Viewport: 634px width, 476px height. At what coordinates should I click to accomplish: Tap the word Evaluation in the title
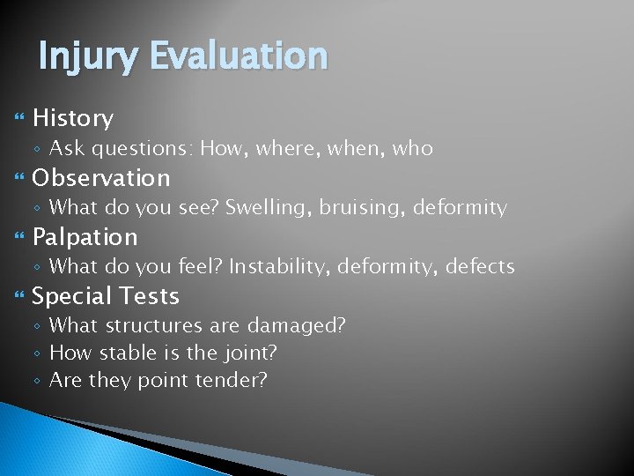coord(239,56)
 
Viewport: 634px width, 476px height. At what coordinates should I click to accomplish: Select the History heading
coord(73,118)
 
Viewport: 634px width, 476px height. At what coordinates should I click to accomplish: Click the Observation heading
coord(101,177)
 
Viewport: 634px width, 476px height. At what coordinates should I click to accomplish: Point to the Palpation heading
coord(85,237)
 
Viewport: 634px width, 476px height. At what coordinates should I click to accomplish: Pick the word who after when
coord(413,148)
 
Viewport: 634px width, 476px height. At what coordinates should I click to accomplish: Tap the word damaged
coord(296,326)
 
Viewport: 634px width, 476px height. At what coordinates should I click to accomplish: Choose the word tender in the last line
coord(232,381)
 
